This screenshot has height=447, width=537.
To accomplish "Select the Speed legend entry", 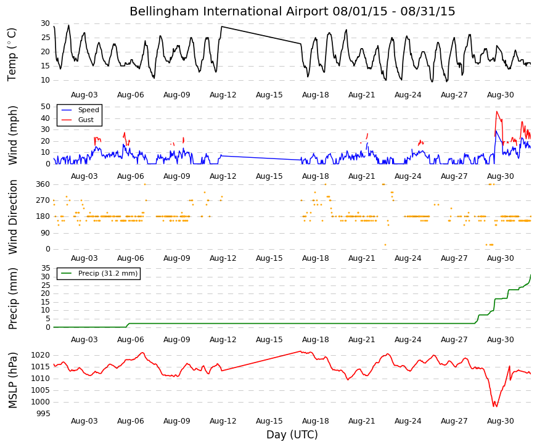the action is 80,110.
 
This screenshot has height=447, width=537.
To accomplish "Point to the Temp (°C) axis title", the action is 12,54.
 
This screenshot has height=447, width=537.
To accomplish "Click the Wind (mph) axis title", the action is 13,135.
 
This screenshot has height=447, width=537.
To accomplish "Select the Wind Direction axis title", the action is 13,217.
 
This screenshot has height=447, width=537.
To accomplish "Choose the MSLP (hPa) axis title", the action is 13,380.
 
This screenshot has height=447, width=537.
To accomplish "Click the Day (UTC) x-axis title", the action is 292,435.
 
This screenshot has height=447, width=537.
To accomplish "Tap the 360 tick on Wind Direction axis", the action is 43,184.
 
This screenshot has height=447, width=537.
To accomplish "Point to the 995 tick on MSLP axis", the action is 43,414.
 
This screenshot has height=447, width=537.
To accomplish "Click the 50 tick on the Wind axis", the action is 46,107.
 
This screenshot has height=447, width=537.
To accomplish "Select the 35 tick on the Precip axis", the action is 46,268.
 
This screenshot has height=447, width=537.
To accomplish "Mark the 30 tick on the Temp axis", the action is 46,23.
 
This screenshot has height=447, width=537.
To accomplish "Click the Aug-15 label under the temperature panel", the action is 269,95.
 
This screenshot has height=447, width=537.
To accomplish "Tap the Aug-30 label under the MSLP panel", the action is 501,421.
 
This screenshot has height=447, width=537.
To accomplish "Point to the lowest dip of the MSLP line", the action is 495,406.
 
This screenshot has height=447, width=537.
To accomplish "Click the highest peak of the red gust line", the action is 496,112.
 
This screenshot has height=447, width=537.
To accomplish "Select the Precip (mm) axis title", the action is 13,298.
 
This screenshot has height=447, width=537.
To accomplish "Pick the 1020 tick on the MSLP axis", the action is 41,355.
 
